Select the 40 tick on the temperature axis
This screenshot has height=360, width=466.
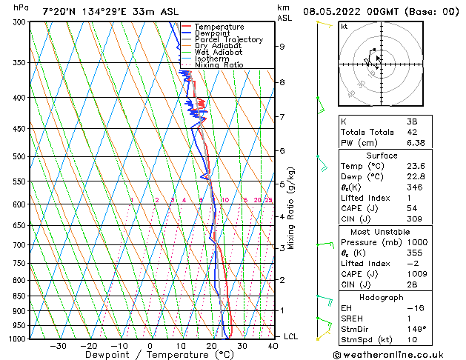click(273, 345)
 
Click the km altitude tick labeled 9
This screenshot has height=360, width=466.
click(282, 47)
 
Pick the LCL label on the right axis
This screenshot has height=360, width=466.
click(291, 336)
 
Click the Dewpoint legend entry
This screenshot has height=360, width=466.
click(213, 33)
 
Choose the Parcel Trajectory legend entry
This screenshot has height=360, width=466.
click(228, 40)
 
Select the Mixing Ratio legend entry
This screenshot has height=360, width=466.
click(219, 65)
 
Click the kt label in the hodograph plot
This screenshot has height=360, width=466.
click(344, 26)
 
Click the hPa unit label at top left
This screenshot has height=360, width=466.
click(21, 7)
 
